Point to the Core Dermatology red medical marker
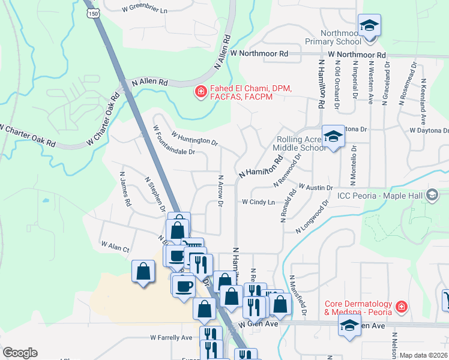pos(401,308)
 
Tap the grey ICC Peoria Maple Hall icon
pos(431,194)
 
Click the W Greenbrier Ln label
pos(144,10)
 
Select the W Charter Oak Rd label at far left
pos(28,136)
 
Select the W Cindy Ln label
pos(258,202)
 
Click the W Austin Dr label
pos(315,188)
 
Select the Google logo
pos(20,353)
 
